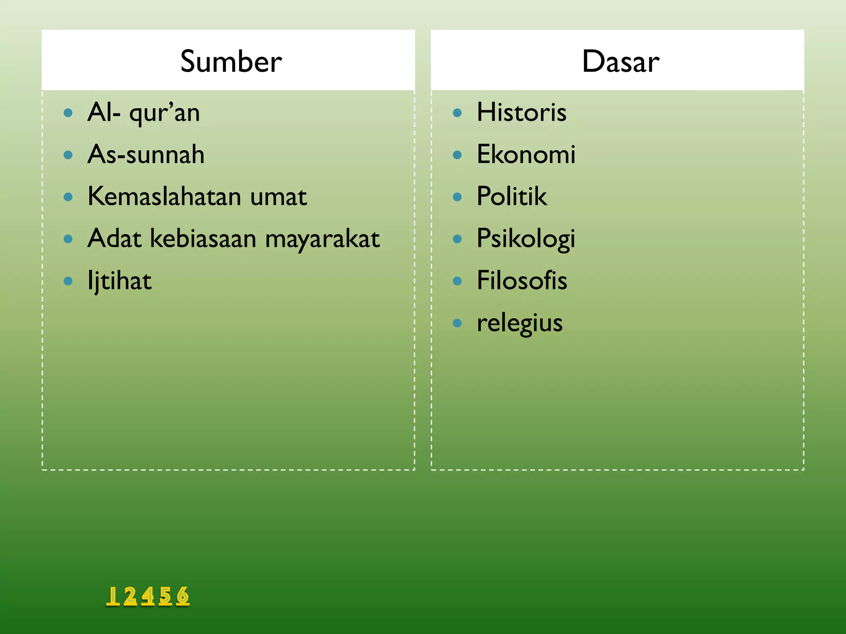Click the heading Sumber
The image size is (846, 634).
click(x=231, y=62)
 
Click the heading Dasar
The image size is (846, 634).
click(x=620, y=62)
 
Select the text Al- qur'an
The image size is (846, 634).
click(x=144, y=113)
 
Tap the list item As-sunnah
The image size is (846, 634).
click(x=146, y=155)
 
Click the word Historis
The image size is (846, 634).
click(x=521, y=112)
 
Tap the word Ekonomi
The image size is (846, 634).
click(x=526, y=155)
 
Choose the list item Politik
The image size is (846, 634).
click(x=512, y=196)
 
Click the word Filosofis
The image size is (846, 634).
click(x=522, y=281)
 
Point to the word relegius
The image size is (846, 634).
click(x=520, y=323)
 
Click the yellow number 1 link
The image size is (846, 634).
click(x=112, y=596)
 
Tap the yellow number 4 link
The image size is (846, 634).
click(x=147, y=596)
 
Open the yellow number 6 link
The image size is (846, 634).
click(x=183, y=596)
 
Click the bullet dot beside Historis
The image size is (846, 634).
click(x=457, y=113)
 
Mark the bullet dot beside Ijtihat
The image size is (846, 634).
click(x=68, y=281)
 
